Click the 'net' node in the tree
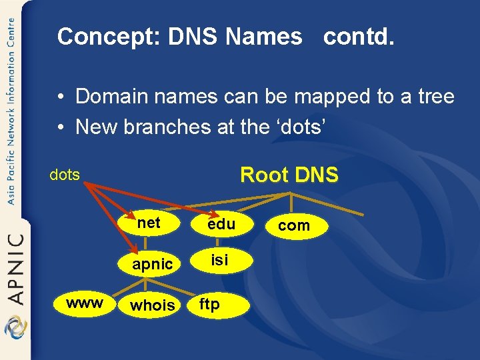[148, 223]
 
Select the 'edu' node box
[221, 225]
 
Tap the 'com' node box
[294, 226]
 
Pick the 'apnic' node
[153, 264]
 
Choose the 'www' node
[85, 303]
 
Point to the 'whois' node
[153, 305]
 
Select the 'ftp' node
[209, 305]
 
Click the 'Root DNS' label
[289, 175]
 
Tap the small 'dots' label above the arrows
[65, 175]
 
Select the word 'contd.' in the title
[359, 37]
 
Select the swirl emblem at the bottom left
[14, 329]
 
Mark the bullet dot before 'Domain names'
[61, 97]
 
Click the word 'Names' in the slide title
[263, 37]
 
